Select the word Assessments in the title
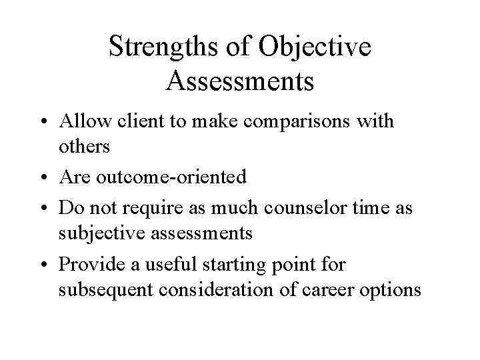pos(240,81)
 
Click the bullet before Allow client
pos(49,123)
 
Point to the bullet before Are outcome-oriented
pos(49,177)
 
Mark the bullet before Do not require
pos(49,207)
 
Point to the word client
pos(132,122)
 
